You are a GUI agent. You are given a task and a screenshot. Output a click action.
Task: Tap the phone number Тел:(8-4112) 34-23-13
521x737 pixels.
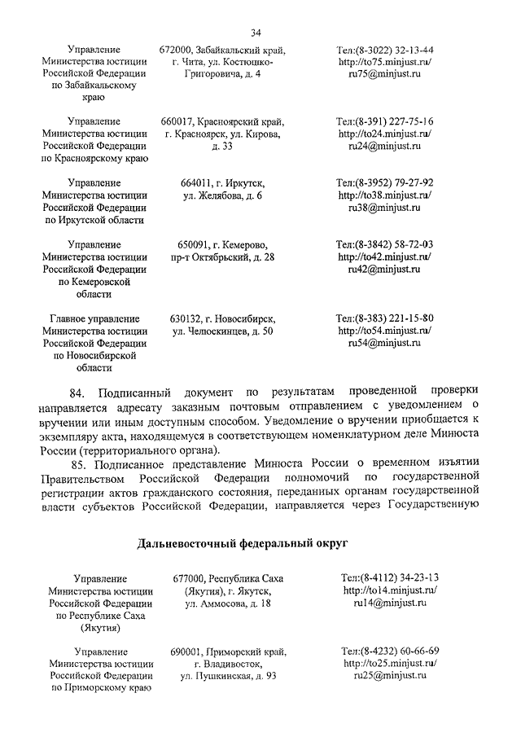pyautogui.click(x=391, y=577)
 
